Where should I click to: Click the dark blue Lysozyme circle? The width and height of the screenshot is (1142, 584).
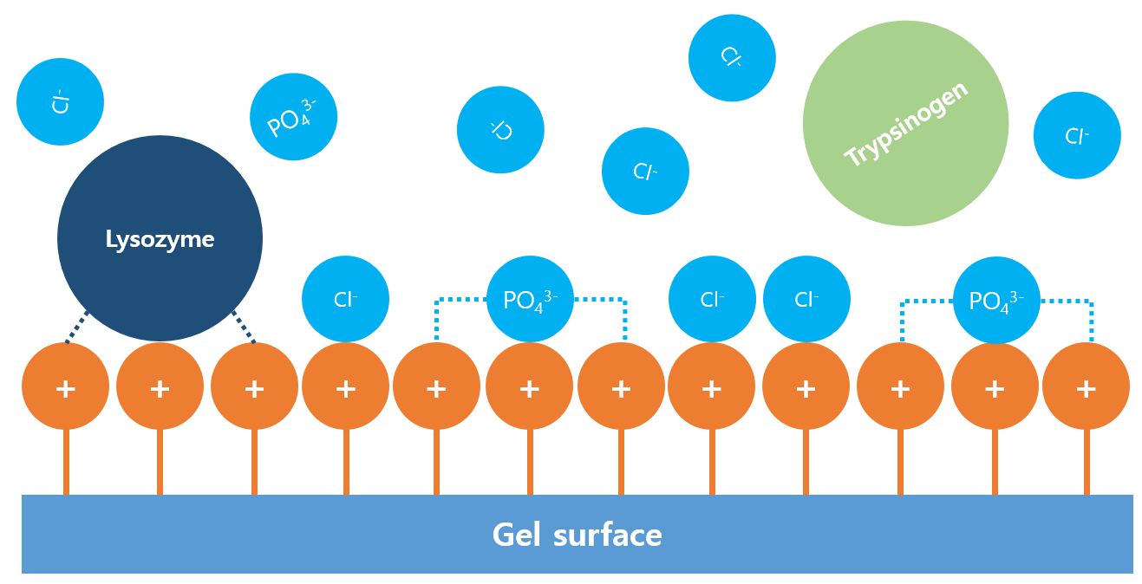coord(160,238)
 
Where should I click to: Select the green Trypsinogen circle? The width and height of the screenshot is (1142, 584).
coord(905,123)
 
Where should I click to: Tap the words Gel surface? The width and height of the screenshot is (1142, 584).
coord(577,535)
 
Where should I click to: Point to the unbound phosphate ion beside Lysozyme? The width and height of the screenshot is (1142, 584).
coord(293,117)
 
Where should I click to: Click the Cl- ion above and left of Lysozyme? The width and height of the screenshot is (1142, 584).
coord(60,101)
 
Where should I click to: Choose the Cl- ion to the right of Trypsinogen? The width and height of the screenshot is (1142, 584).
coord(1077,135)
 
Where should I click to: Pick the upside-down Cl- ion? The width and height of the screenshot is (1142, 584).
coord(500,130)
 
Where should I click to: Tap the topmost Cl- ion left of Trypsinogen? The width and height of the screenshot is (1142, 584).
coord(732,58)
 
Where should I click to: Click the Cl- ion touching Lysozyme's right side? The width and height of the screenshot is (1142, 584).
coord(345,299)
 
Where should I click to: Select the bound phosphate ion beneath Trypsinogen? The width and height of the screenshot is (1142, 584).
coord(996,300)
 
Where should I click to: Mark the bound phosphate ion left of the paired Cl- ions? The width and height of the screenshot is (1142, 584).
coord(530,299)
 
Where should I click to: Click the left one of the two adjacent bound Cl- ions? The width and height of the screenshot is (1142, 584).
coord(712,299)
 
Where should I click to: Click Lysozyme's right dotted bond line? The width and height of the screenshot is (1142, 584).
coord(243,327)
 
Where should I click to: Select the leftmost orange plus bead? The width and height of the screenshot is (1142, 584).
coord(65,386)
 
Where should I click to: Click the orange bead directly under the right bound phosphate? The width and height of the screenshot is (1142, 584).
coord(995,386)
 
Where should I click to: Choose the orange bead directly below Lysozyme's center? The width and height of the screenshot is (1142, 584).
coord(160,386)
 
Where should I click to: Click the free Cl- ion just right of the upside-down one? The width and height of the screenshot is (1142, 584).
coord(645,172)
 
